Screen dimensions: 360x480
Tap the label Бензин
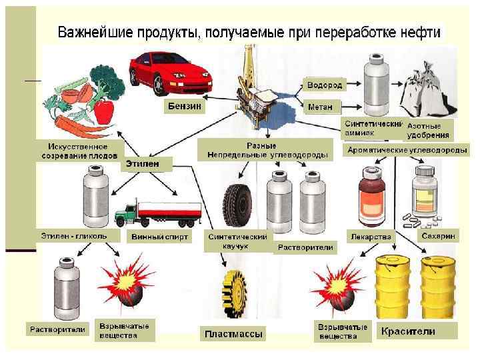click(x=183, y=107)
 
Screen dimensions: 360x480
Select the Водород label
click(x=325, y=85)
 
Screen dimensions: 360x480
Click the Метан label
click(x=323, y=107)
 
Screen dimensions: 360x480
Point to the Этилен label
click(x=147, y=163)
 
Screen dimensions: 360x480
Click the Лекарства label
click(x=371, y=236)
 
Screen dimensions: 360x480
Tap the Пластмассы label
click(x=233, y=333)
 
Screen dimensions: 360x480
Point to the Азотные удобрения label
click(x=429, y=130)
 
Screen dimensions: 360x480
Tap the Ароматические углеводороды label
click(x=407, y=151)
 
